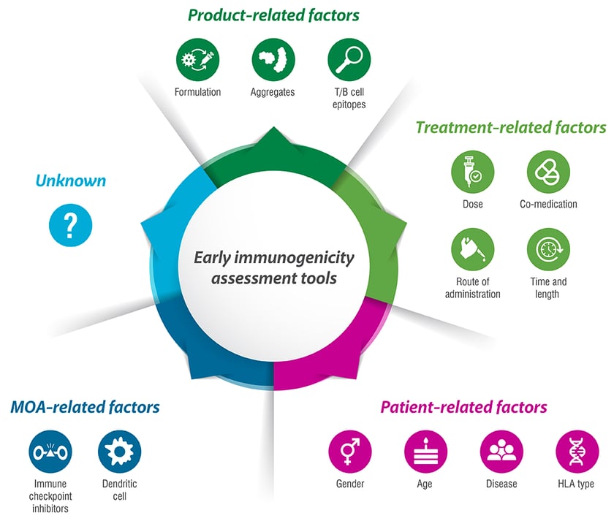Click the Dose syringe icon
click(472, 172)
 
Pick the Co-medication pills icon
click(548, 172)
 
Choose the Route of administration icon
click(472, 249)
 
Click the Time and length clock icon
click(548, 249)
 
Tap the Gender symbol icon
click(350, 452)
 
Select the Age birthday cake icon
click(425, 452)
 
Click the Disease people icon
click(501, 452)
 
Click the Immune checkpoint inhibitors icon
click(50, 452)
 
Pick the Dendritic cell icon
click(119, 452)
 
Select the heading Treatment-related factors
click(510, 127)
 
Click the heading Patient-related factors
click(463, 406)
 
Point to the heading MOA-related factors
click(85, 406)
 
